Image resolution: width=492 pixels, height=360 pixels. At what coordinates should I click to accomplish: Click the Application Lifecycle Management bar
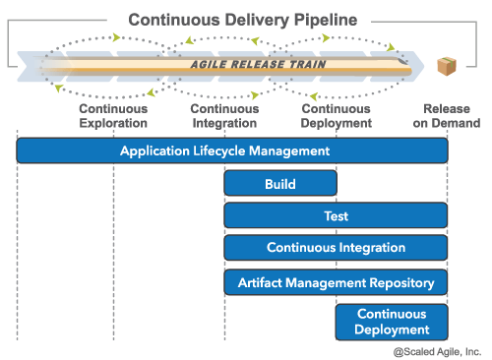232,150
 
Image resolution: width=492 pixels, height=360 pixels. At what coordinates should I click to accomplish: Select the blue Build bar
280,184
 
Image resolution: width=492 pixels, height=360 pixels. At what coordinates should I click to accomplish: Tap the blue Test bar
336,216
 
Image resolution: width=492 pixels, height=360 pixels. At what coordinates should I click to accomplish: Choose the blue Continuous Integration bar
336,249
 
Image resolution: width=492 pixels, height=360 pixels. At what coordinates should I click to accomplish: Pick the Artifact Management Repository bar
336,282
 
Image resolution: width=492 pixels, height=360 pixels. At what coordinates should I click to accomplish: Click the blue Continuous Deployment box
392,322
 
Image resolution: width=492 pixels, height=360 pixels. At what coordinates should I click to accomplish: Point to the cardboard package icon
448,67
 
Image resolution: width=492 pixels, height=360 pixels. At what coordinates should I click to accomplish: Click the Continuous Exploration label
113,116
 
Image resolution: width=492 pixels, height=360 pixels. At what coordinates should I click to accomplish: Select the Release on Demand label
452,116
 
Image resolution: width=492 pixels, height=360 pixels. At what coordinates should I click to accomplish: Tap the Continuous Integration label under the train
225,116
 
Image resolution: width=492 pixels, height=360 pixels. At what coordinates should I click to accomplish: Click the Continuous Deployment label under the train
337,116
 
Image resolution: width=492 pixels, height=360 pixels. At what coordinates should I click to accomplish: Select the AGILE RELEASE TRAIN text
258,64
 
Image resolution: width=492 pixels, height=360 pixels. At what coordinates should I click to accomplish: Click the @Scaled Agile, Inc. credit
437,350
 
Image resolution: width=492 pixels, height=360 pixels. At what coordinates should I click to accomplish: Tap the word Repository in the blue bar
400,282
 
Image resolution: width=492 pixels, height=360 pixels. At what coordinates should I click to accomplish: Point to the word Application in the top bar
155,150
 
